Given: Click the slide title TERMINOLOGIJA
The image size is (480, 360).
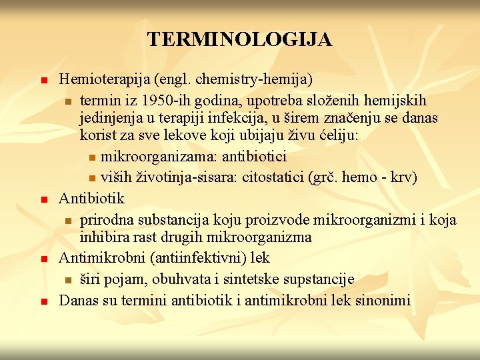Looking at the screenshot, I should point(240,39).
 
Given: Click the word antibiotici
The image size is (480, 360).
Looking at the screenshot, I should point(256,157).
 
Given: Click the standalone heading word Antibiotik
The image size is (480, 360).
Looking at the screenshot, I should point(91,198).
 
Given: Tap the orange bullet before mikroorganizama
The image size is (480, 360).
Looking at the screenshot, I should point(92,158).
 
